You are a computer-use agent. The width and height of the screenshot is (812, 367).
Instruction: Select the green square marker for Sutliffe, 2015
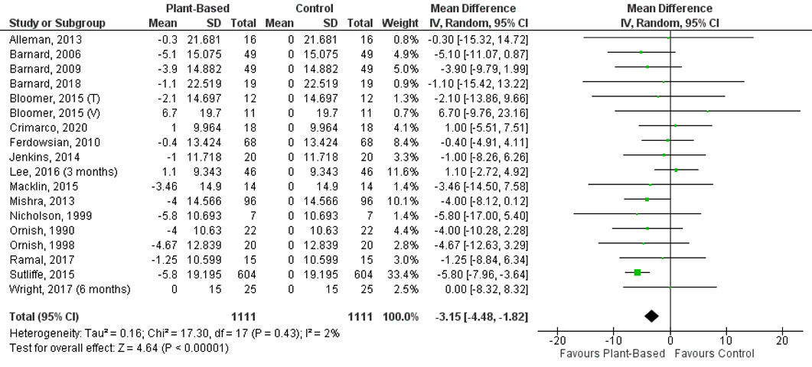[x=638, y=273]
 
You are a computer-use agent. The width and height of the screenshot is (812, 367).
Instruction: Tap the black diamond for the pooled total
[x=652, y=316]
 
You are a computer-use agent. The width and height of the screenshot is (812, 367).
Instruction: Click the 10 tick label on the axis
[x=726, y=340]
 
